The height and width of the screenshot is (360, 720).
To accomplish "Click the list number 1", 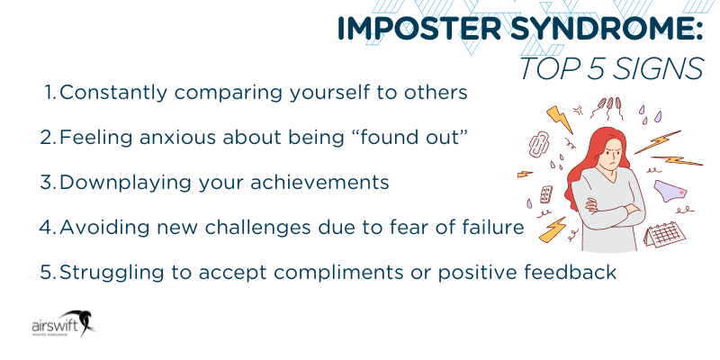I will coord(50,92).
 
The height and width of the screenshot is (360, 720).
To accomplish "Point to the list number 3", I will coord(49,182).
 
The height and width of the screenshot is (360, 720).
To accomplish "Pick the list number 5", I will coord(49,272).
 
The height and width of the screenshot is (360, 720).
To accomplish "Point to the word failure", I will coord(490,227).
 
